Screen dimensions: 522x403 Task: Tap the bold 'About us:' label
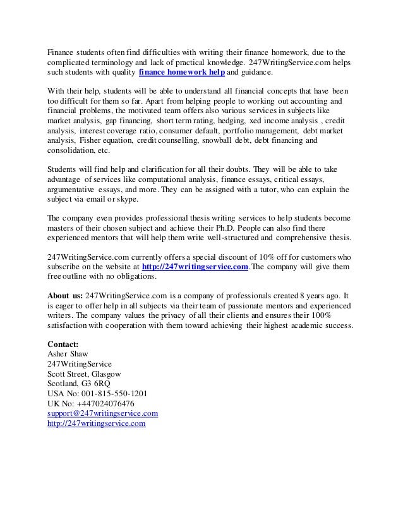[x=65, y=295]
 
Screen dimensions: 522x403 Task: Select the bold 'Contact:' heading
[x=64, y=344]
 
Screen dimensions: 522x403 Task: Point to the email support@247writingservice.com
[x=102, y=413]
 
